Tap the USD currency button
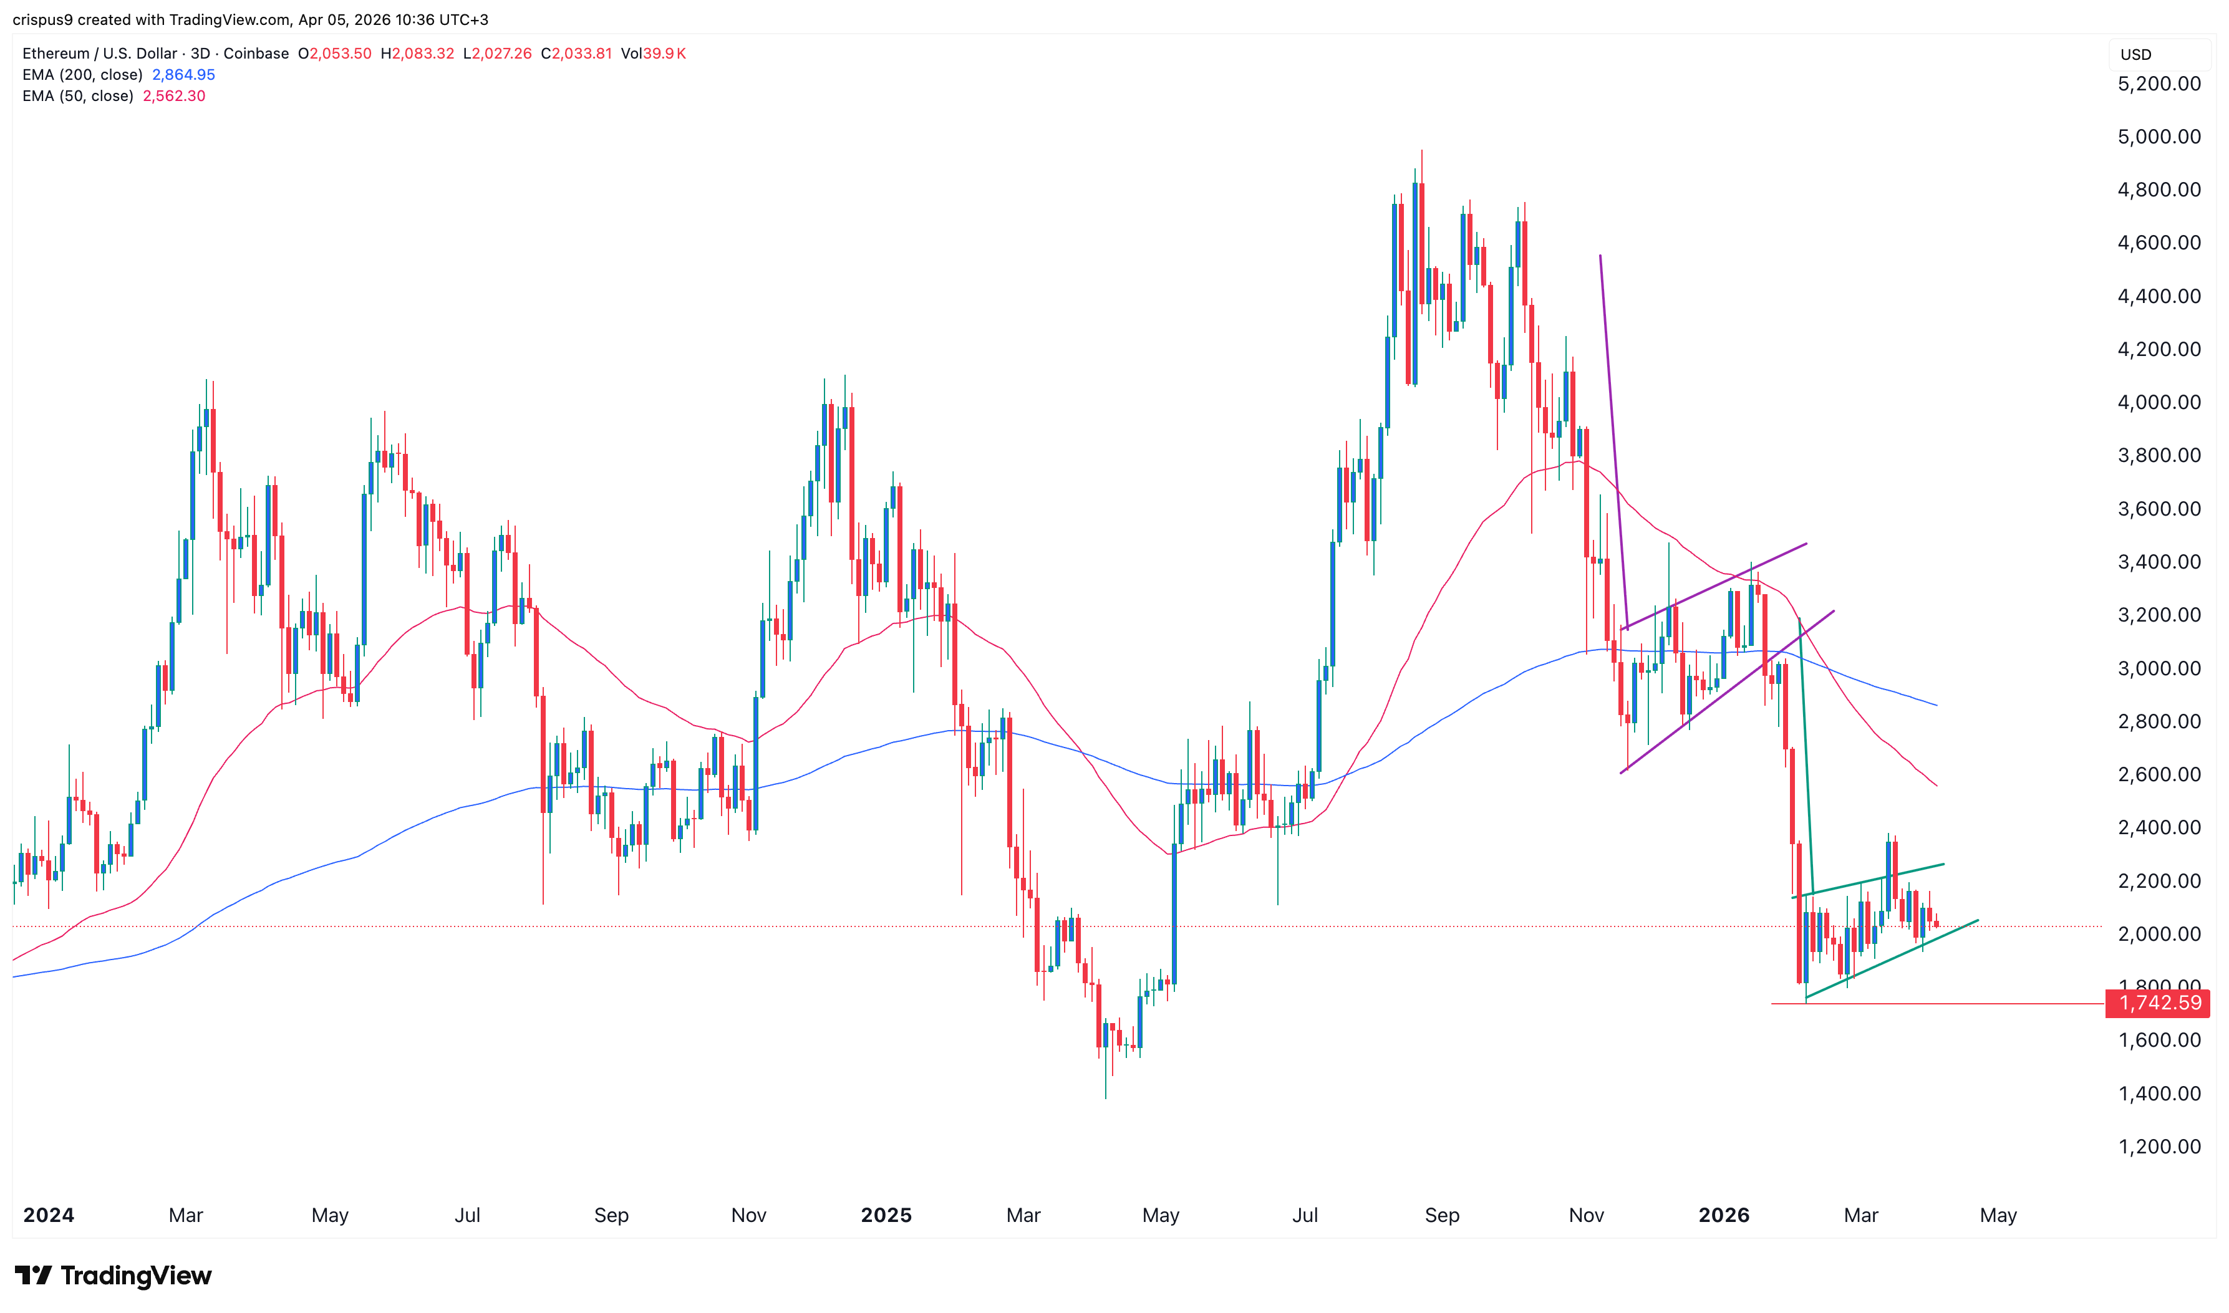coord(2135,55)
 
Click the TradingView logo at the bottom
coord(114,1275)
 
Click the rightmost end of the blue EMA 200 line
coord(1936,705)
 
